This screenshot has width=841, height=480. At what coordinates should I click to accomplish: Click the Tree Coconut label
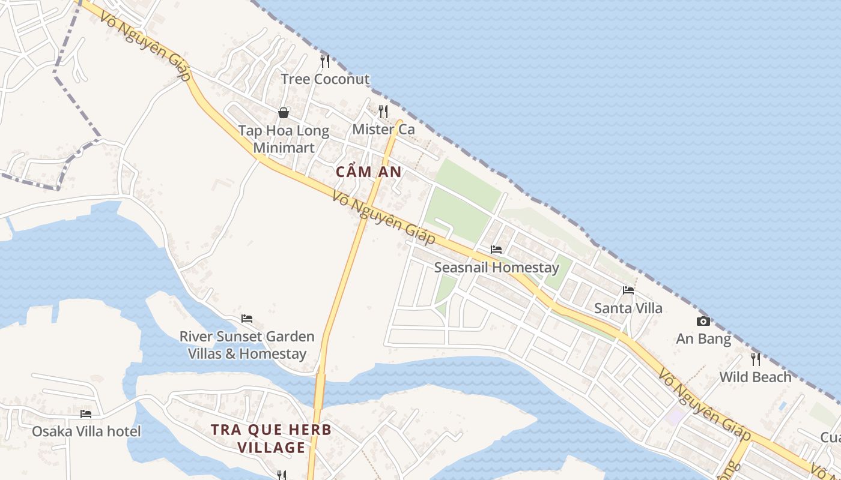(325, 79)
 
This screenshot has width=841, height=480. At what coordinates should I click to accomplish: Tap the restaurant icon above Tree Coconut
(325, 61)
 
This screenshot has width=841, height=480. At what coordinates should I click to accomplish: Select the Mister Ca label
(383, 129)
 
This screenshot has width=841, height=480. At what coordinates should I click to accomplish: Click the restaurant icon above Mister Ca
(383, 111)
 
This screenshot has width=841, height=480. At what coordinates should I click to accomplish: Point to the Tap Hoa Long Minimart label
(284, 139)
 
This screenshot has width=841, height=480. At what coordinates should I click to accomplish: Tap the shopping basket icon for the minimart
(284, 113)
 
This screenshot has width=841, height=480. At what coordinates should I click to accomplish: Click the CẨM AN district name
(368, 172)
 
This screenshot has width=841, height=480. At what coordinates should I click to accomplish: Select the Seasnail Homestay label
(496, 268)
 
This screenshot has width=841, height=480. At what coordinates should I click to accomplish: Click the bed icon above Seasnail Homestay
(496, 249)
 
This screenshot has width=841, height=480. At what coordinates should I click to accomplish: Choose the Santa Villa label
(628, 308)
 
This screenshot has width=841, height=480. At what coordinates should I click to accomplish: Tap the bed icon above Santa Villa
(628, 290)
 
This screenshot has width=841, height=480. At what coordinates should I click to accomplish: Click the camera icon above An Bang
(703, 321)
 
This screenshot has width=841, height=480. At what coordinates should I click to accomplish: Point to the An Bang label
(703, 339)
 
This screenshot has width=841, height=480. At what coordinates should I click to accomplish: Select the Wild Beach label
(756, 377)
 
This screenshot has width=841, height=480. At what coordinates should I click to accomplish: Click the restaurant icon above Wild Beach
(756, 359)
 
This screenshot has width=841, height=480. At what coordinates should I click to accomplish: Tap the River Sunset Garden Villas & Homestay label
(247, 345)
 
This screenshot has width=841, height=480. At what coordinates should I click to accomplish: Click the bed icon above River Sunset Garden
(247, 318)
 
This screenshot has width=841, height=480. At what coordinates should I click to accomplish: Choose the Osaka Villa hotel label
(86, 431)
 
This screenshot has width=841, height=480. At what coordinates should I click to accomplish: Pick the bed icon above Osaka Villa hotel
(86, 413)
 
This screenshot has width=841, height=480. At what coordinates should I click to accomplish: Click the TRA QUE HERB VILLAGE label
(271, 439)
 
